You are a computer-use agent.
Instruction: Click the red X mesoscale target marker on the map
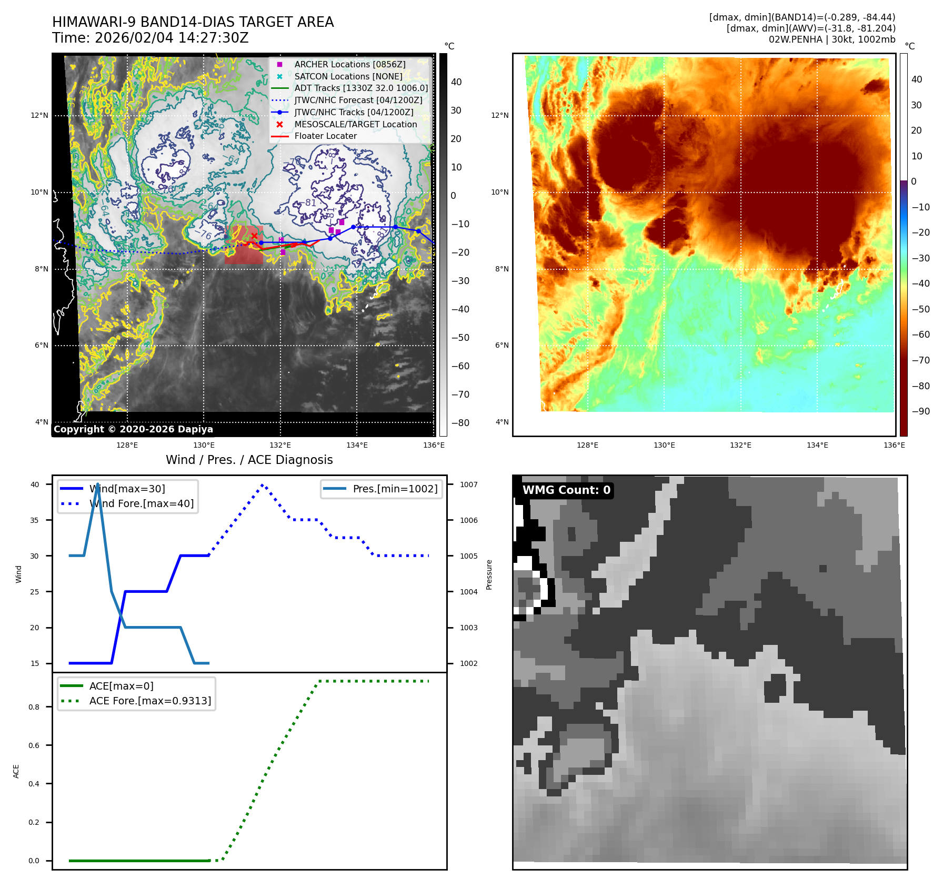[x=254, y=236]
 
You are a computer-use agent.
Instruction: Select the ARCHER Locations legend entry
[x=349, y=64]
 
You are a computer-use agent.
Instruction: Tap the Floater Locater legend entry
[x=325, y=136]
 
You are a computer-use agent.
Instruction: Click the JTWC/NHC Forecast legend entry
[x=358, y=100]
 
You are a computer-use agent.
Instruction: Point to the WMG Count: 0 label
[x=566, y=490]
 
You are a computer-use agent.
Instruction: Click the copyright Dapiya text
[x=133, y=429]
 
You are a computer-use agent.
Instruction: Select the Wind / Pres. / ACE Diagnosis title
[x=249, y=460]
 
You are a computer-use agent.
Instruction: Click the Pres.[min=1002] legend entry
[x=395, y=489]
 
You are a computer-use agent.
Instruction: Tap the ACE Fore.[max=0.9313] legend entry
[x=150, y=701]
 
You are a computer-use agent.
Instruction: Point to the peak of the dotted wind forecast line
[x=263, y=484]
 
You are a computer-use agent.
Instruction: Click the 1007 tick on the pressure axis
[x=468, y=484]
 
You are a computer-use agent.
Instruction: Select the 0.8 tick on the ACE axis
[x=34, y=707]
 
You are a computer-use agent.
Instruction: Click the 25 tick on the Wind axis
[x=35, y=592]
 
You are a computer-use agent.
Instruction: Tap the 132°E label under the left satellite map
[x=280, y=445]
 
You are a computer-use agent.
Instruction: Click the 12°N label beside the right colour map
[x=499, y=115]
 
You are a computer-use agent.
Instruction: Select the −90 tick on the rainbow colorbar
[x=920, y=411]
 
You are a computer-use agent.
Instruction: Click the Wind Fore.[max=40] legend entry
[x=141, y=503]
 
